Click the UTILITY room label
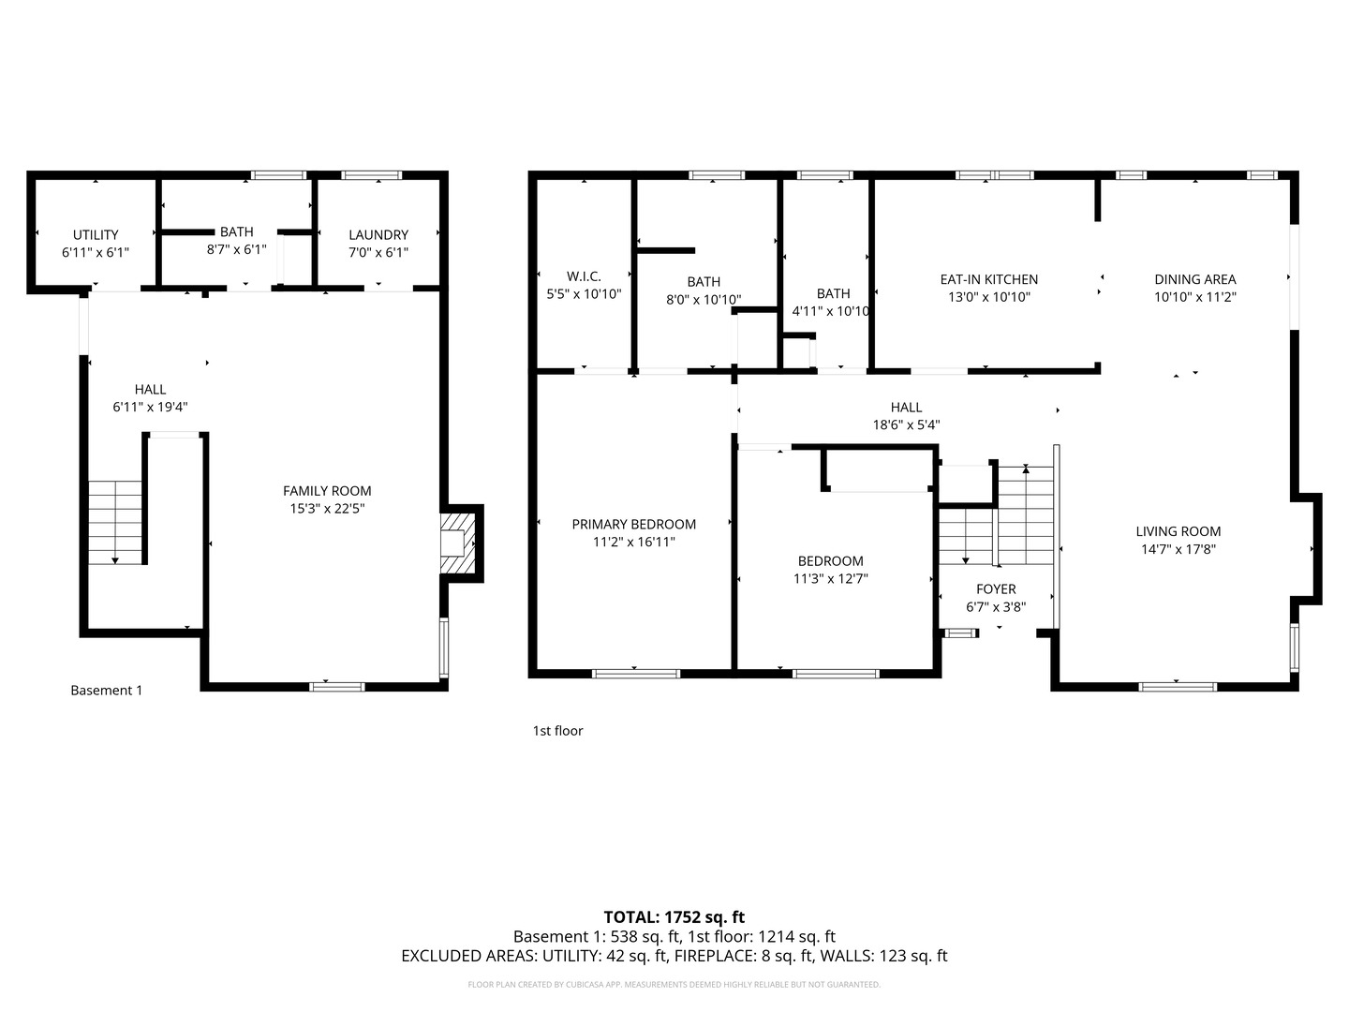coord(96,234)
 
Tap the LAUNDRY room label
coord(378,234)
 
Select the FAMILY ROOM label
coord(327,491)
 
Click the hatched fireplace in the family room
coord(458,543)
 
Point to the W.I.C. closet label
coord(584,276)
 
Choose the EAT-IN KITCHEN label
coord(989,279)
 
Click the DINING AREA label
coord(1194,279)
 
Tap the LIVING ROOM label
coord(1179,531)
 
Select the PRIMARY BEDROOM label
coord(633,524)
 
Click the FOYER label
coord(996,589)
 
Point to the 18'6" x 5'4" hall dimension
coord(906,424)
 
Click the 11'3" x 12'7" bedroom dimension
coord(830,578)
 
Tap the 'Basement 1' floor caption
coord(106,691)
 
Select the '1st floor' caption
coord(557,731)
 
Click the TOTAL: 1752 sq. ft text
coord(674,917)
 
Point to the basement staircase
coord(115,522)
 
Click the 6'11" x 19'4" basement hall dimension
coord(150,407)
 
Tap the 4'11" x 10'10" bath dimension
coord(831,311)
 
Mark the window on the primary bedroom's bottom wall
coord(636,674)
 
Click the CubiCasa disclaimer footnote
coord(674,984)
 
